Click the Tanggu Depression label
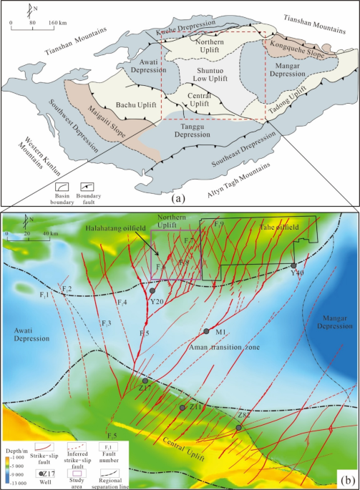pos(189,132)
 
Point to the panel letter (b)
pos(347,478)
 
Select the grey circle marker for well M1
pos(206,331)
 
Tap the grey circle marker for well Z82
pos(239,427)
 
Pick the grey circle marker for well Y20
pos(152,291)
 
